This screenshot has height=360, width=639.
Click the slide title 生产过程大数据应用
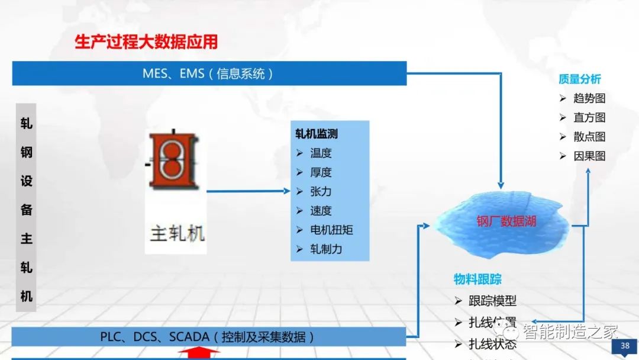(146, 42)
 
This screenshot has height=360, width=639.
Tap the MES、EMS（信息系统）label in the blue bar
(208, 73)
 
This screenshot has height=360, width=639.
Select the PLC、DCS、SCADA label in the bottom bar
(207, 337)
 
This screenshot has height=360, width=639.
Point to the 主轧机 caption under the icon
(177, 233)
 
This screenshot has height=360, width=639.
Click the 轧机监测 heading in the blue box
(317, 134)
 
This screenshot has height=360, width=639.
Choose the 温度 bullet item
(321, 153)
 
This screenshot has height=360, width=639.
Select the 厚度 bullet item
(321, 172)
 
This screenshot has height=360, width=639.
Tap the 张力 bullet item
(321, 191)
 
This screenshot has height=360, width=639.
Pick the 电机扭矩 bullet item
(331, 230)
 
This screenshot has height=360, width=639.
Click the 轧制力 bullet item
(326, 249)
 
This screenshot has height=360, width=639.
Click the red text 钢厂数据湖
(506, 221)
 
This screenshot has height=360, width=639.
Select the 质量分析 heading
(580, 79)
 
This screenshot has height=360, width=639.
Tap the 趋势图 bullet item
(589, 98)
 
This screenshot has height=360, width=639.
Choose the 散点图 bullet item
(589, 137)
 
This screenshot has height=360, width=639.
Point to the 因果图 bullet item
(589, 156)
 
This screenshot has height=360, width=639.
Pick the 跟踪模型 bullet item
(492, 301)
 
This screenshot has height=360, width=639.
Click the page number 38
(625, 346)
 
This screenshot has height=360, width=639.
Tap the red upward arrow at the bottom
(199, 353)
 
